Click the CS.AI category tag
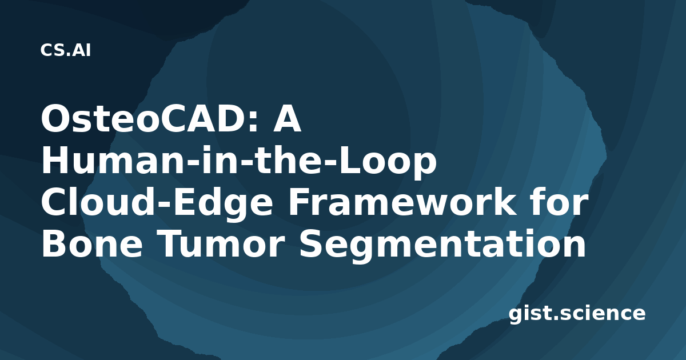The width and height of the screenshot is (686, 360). pos(66,50)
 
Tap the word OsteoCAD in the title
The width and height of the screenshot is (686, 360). pos(145,119)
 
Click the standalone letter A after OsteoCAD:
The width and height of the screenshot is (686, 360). pos(286,119)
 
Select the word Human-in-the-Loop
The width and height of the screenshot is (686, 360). pos(239,162)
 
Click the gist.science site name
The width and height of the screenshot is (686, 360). pos(577,314)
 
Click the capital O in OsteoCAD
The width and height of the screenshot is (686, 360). pos(56,119)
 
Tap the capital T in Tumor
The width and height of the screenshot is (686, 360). pos(170,245)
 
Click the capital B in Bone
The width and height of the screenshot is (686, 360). pos(54,245)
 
